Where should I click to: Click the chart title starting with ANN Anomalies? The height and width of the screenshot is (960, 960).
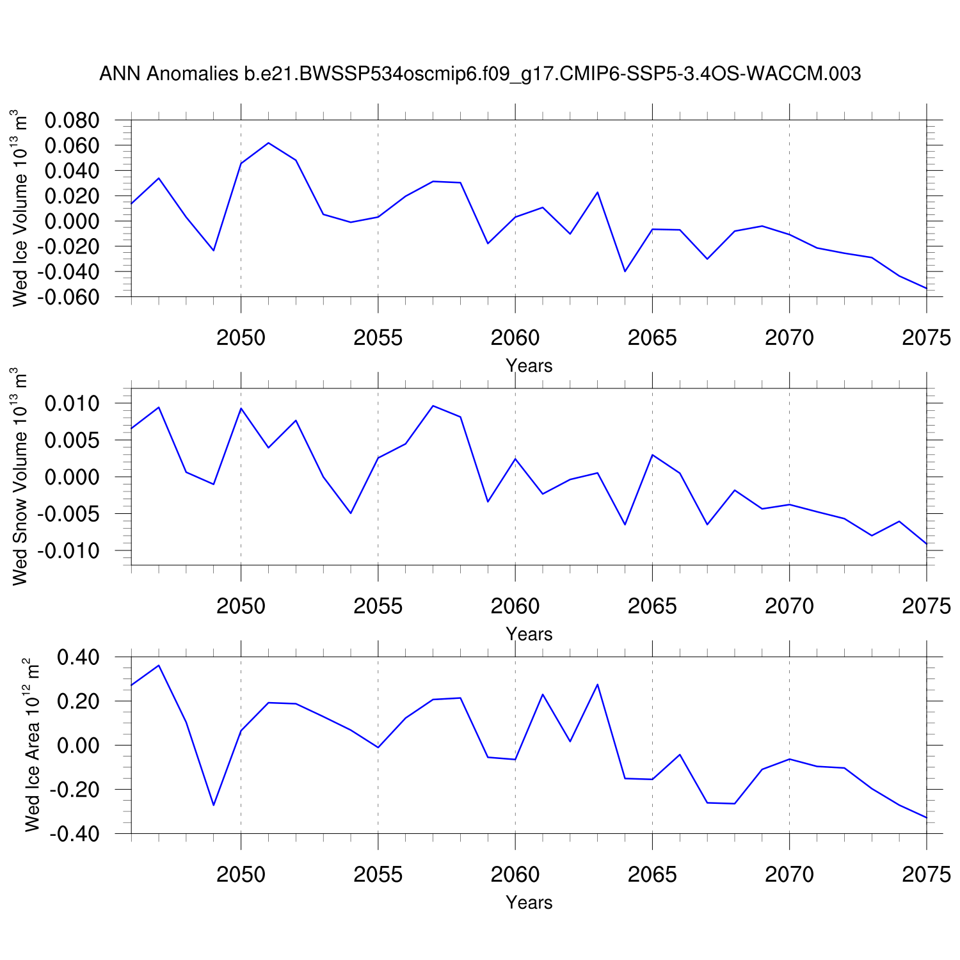pyautogui.click(x=480, y=74)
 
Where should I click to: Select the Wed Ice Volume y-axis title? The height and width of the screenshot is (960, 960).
pyautogui.click(x=20, y=208)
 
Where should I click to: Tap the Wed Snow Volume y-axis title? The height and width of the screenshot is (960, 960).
pyautogui.click(x=20, y=476)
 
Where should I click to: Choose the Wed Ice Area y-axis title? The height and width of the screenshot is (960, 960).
pyautogui.click(x=32, y=745)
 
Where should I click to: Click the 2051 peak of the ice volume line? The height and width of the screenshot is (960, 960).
pyautogui.click(x=268, y=143)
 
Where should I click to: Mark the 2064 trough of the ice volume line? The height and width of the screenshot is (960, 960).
pyautogui.click(x=625, y=271)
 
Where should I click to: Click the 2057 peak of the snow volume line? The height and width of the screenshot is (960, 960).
pyautogui.click(x=433, y=406)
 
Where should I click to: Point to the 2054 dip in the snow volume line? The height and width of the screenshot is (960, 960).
pyautogui.click(x=351, y=513)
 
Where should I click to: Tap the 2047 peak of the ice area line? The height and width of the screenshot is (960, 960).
pyautogui.click(x=159, y=665)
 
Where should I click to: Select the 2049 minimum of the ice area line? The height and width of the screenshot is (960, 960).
pyautogui.click(x=214, y=805)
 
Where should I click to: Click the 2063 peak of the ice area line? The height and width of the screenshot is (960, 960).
pyautogui.click(x=597, y=684)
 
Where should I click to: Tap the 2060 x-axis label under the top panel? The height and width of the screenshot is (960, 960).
pyautogui.click(x=515, y=338)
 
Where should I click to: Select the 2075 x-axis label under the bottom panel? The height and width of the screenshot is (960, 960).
pyautogui.click(x=926, y=874)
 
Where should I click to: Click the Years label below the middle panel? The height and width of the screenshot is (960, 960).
pyautogui.click(x=529, y=634)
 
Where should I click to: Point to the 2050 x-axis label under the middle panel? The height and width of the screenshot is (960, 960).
pyautogui.click(x=241, y=606)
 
